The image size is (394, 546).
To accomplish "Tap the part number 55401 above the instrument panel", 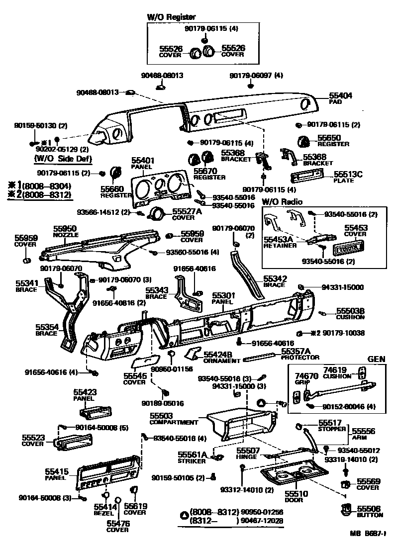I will click(142, 161).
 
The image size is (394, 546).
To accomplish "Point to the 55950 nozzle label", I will click(65, 228).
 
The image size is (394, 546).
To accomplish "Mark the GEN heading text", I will click(377, 359).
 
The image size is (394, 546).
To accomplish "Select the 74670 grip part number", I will click(306, 376).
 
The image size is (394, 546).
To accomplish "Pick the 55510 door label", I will click(296, 494).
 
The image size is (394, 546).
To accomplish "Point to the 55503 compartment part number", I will click(161, 416).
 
